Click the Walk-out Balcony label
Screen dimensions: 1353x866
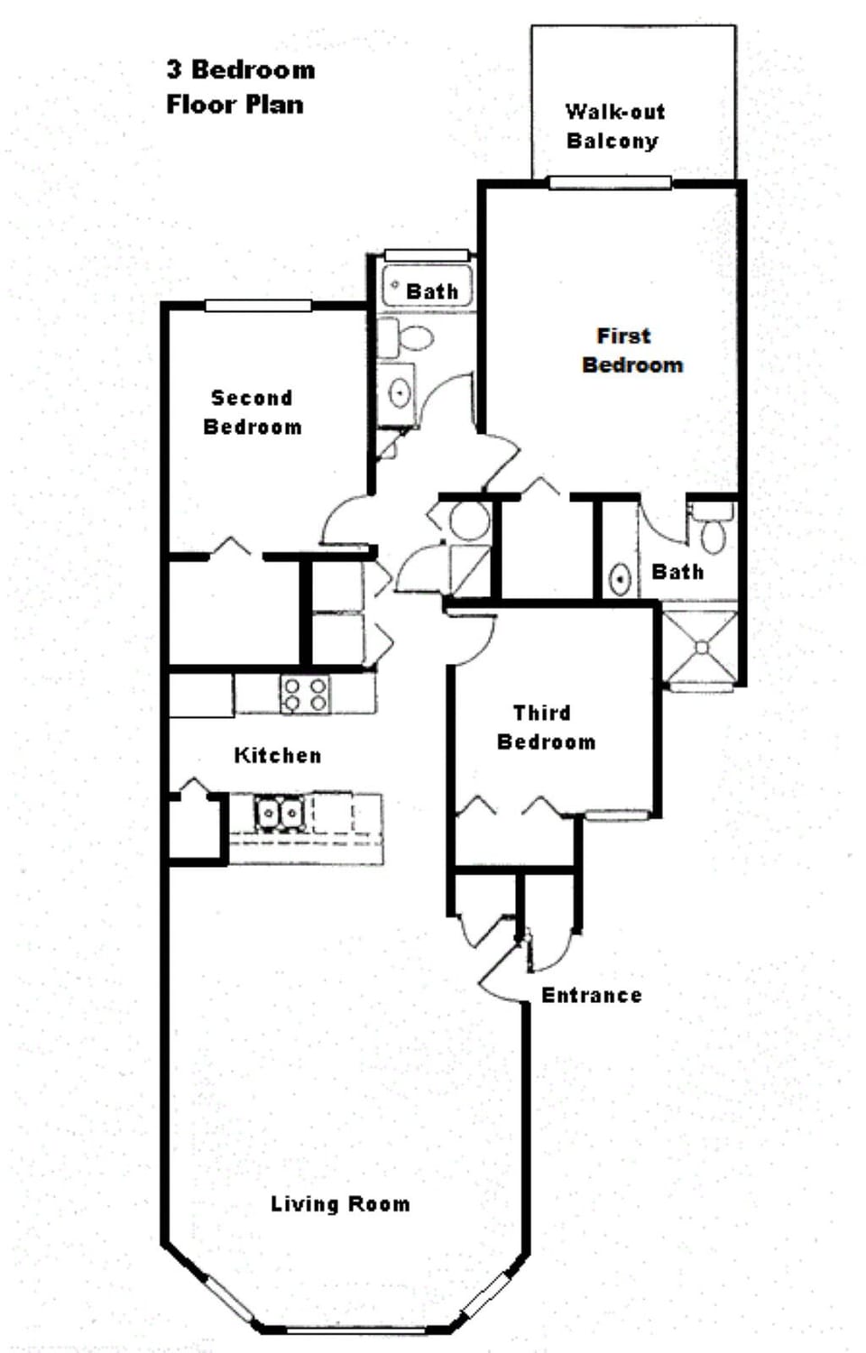[x=613, y=126]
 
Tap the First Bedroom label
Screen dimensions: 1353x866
[x=631, y=350]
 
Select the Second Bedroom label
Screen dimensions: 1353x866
[x=252, y=412]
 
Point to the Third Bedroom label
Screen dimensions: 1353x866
[x=545, y=727]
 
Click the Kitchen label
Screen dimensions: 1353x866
[x=277, y=755]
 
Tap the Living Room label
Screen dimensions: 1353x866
[x=340, y=1203]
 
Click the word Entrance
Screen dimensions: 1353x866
[x=591, y=995]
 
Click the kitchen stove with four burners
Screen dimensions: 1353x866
[x=305, y=695]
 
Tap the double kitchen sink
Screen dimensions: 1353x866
[x=280, y=813]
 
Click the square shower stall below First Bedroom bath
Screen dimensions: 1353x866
[x=701, y=647]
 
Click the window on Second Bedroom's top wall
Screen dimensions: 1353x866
[x=258, y=306]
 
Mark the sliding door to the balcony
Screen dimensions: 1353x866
[x=610, y=183]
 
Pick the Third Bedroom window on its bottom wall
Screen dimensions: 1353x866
[x=618, y=815]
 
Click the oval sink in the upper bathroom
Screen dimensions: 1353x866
[x=398, y=393]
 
